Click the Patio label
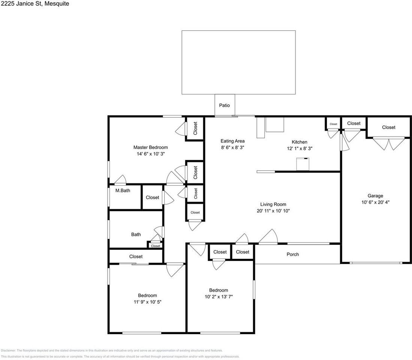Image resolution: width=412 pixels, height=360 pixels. coord(225,105)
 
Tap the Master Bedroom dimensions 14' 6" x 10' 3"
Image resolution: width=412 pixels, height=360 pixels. coord(150,154)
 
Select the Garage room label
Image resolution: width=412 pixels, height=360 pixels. coord(375,196)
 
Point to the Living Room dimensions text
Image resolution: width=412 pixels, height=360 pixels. coord(273,211)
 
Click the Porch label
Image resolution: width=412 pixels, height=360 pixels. coord(293,254)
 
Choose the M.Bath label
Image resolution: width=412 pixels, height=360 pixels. coord(123,190)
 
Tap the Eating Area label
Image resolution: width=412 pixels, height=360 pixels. coord(232,141)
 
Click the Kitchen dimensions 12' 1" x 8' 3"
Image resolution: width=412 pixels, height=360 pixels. coord(299,148)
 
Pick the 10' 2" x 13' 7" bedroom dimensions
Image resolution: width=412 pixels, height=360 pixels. coord(219,297)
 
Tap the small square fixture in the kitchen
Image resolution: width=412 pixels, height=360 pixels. coord(303,164)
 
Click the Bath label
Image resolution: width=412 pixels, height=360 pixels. coord(136,234)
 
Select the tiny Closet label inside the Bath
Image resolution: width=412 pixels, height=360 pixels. coord(156,246)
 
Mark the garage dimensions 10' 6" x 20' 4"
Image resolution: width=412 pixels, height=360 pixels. coord(375,202)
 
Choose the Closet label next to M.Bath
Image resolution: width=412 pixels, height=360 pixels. coord(153,197)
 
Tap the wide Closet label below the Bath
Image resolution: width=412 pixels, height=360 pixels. coord(136,256)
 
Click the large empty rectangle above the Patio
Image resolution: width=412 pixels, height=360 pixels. coord(238,62)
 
